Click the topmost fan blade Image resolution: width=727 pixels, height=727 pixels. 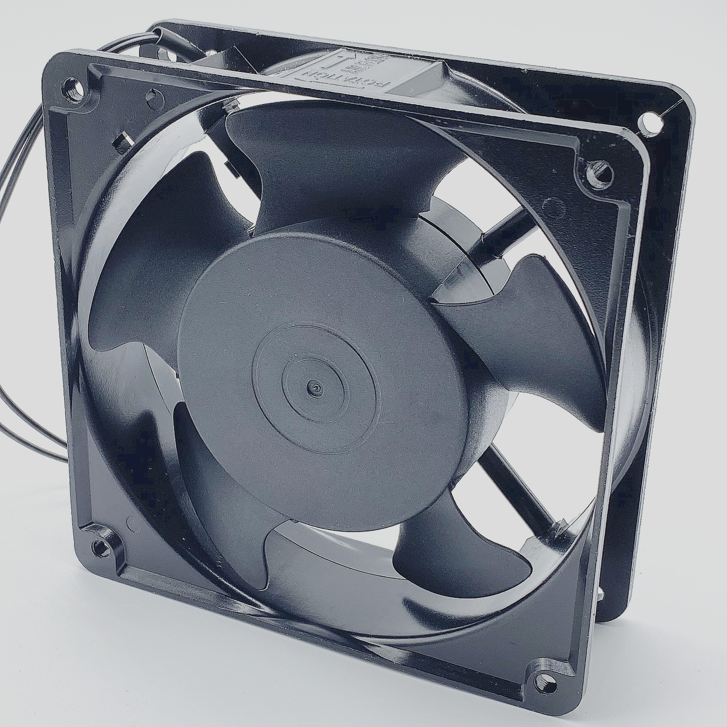[x=339, y=158]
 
